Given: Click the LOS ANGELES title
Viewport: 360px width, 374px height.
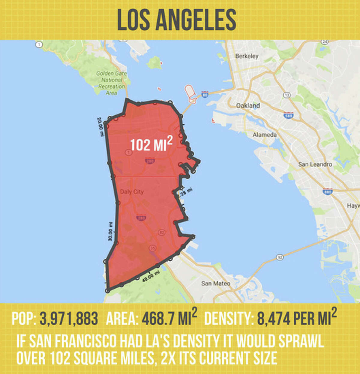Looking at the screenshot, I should click(176, 20).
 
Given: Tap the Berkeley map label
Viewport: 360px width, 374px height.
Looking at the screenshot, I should click(247, 56).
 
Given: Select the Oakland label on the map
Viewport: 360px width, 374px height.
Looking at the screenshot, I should click(248, 106).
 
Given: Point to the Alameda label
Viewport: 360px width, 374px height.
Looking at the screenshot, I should click(264, 135).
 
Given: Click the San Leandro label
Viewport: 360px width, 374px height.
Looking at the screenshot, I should click(315, 164).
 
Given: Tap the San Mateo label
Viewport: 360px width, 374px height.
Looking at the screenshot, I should click(216, 283).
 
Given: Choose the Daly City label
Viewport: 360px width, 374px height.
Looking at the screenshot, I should click(132, 192).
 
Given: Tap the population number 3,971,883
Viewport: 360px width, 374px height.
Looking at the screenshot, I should click(69, 319).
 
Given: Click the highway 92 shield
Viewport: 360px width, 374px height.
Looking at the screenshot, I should click(280, 257).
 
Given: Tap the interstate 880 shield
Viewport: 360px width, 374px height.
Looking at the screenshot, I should click(327, 191).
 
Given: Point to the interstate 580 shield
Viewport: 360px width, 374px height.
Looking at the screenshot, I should click(288, 115).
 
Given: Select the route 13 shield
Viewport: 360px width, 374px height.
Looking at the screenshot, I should click(286, 95).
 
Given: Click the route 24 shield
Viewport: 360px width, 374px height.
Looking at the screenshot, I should click(324, 41).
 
